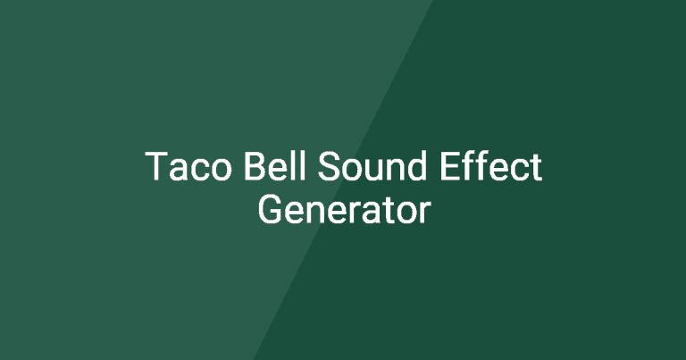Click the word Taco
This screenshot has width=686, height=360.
click(188, 166)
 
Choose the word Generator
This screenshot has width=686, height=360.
click(344, 210)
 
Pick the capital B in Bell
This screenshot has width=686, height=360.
click(255, 166)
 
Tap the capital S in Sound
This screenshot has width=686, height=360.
click(329, 166)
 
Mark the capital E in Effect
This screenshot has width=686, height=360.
click(449, 166)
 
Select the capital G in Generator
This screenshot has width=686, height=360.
click(270, 210)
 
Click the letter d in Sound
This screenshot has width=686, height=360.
click(415, 166)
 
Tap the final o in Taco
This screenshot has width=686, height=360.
click(221, 170)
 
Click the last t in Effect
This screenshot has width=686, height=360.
click(536, 168)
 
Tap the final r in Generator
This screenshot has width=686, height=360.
click(425, 213)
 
